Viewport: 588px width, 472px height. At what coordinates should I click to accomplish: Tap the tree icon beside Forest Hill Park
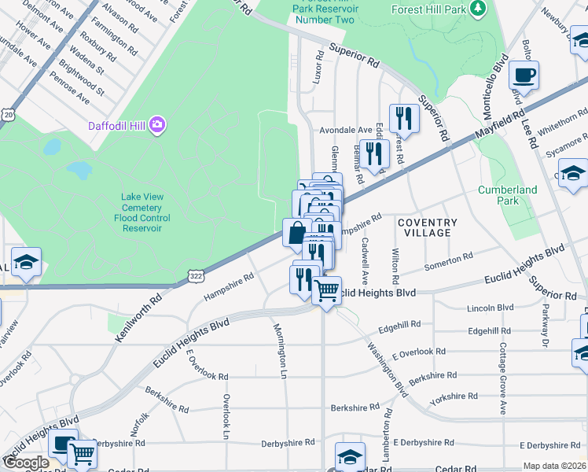tap(477, 9)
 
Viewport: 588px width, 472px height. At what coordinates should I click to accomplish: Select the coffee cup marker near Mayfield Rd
tap(524, 76)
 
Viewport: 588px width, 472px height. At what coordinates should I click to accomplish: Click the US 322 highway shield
tap(196, 274)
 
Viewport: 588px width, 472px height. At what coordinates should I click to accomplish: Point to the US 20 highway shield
tap(8, 114)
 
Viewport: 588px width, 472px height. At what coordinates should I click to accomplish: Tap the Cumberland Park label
tap(508, 195)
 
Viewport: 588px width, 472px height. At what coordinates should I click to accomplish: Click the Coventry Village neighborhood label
tap(427, 227)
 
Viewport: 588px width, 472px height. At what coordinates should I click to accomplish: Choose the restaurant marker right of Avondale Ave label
tap(404, 118)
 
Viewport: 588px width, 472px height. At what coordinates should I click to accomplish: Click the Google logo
tap(26, 463)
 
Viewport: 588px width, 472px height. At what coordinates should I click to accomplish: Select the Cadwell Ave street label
tap(364, 263)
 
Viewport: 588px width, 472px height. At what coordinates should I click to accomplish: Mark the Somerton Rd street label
tap(448, 261)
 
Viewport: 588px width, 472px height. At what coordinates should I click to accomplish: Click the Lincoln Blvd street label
tap(490, 308)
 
